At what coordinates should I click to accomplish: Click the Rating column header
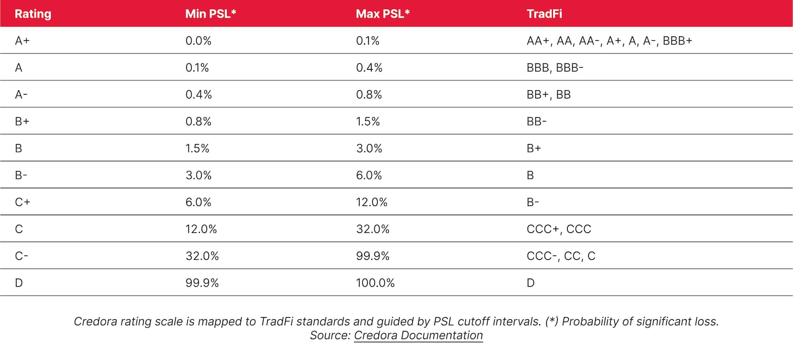(x=33, y=14)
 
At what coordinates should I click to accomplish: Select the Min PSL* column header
(x=211, y=14)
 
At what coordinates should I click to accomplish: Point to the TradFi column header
(x=544, y=14)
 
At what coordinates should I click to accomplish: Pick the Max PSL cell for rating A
(x=369, y=68)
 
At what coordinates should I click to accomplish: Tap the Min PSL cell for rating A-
(x=198, y=95)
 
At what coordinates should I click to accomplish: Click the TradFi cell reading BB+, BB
(x=548, y=95)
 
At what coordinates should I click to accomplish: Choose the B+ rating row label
(x=22, y=122)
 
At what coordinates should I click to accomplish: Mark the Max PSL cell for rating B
(x=369, y=148)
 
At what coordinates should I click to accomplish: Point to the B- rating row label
(x=22, y=175)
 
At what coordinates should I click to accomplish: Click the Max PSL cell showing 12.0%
(x=372, y=202)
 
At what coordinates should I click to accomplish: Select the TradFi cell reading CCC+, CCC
(x=558, y=229)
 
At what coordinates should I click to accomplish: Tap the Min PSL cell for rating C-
(x=202, y=256)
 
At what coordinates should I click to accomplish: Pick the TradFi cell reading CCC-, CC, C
(x=561, y=256)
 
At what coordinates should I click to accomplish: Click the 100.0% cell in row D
(x=375, y=283)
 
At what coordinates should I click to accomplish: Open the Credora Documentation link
(x=418, y=335)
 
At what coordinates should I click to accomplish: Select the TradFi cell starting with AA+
(x=609, y=41)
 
